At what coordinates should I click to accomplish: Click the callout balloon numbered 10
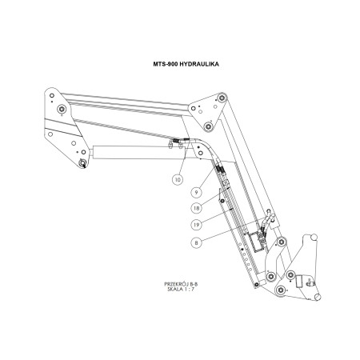177,179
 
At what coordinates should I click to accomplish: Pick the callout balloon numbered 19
194,223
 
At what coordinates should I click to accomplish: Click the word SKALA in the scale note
174,290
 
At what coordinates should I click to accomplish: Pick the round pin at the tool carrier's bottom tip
319,297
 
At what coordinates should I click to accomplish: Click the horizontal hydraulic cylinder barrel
128,151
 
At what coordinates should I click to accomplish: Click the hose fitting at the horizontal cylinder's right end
175,145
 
